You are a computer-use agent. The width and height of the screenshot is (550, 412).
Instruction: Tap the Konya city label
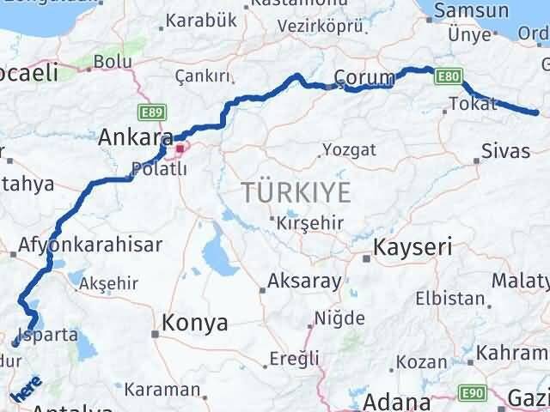coord(195,324)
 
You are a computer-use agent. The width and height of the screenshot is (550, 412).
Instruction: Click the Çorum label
coord(364,76)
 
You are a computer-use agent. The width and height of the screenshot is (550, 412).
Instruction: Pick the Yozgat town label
coord(349,149)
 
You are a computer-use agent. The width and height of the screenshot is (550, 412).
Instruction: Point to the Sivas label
coord(506,152)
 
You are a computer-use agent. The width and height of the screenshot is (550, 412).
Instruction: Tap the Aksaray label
coord(304,281)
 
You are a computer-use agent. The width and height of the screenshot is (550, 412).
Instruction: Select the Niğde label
coord(339,318)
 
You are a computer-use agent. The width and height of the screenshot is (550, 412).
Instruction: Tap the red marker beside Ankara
coord(180,152)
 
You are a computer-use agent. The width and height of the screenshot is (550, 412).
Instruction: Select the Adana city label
coord(397,401)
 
